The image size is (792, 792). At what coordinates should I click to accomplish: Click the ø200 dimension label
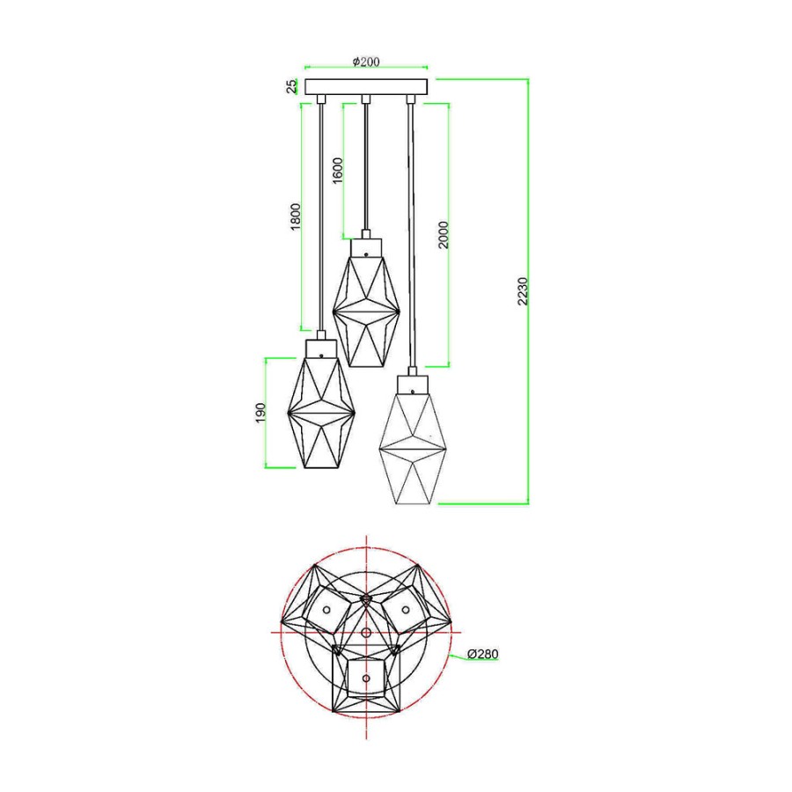[366, 62]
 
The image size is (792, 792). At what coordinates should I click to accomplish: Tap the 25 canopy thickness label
[292, 87]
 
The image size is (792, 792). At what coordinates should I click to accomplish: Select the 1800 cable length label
[296, 216]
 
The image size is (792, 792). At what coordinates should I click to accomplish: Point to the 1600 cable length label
[337, 171]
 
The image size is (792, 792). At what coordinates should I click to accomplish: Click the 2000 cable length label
[443, 235]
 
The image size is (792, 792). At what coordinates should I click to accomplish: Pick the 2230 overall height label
[523, 291]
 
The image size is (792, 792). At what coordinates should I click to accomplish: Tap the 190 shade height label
[260, 413]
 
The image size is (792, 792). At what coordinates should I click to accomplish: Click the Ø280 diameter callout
[483, 654]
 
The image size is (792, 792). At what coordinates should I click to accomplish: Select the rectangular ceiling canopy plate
[367, 87]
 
